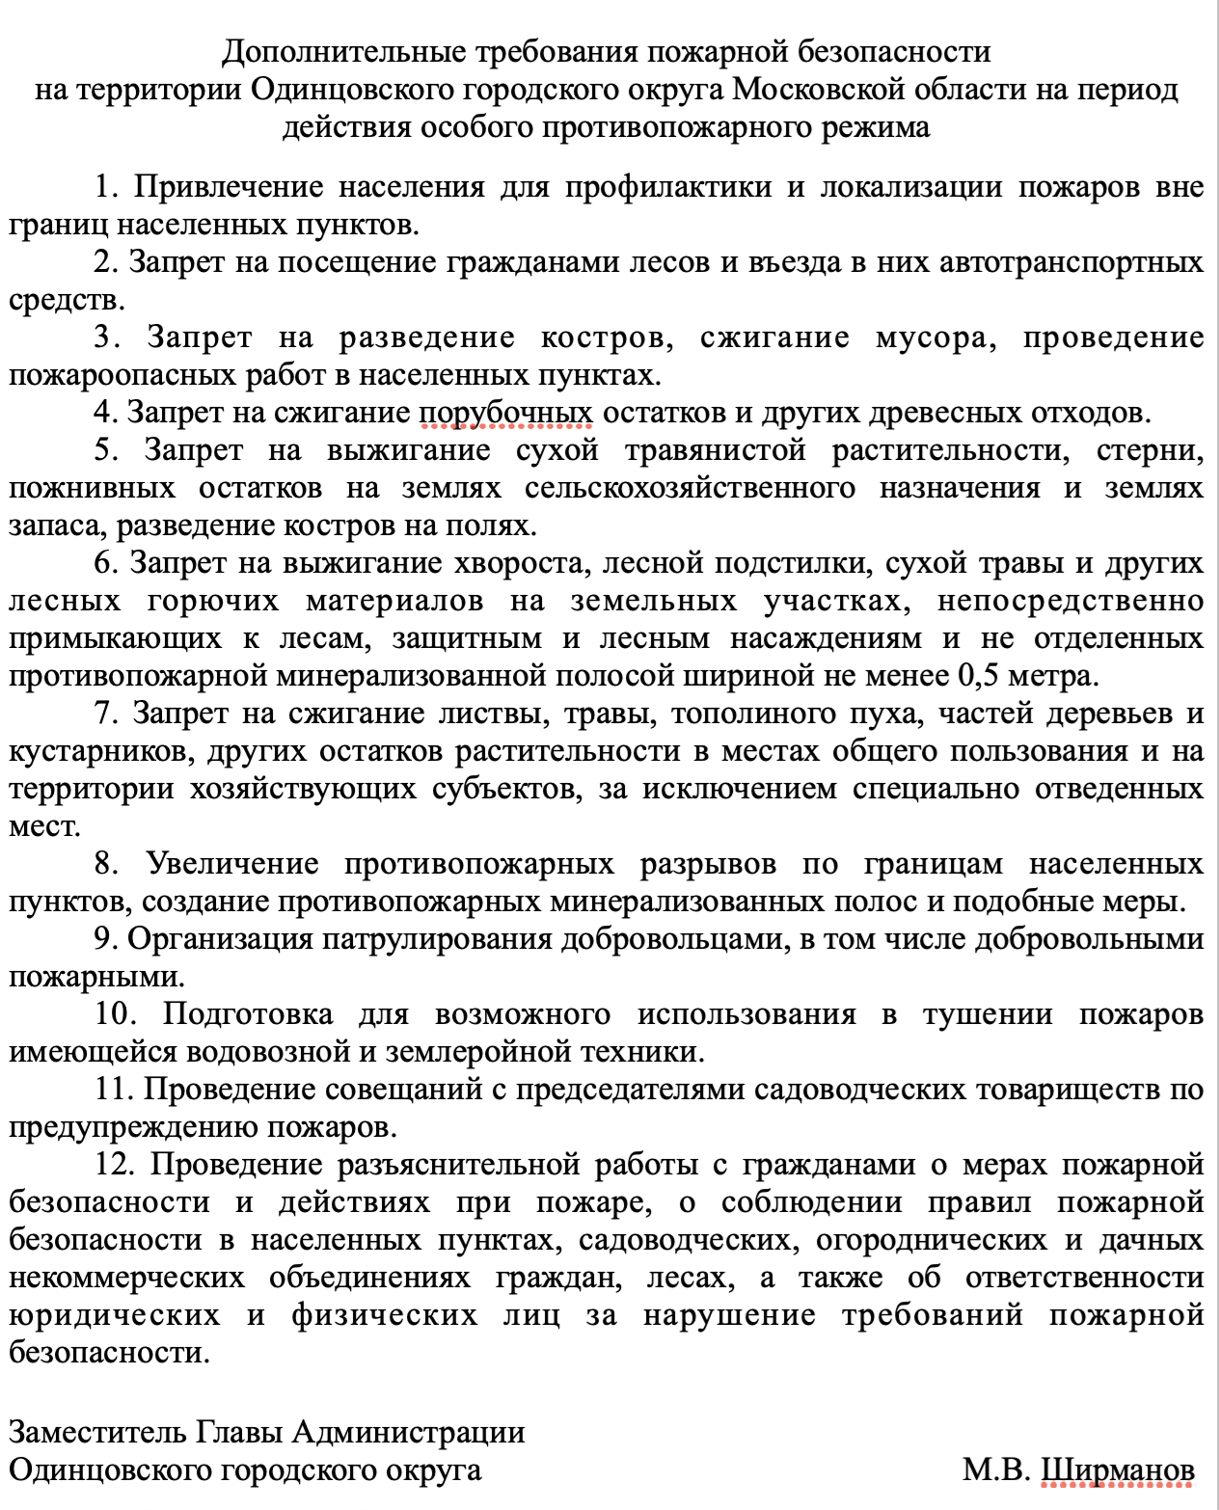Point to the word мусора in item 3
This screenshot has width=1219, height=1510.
click(x=935, y=337)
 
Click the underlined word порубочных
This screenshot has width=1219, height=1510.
click(x=506, y=413)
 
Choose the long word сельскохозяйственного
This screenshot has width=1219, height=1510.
click(x=690, y=488)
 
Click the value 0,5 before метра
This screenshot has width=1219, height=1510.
click(x=978, y=676)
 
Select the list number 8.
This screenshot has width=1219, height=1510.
click(x=106, y=864)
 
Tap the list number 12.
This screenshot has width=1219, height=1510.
click(x=114, y=1165)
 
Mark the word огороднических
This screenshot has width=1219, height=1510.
click(x=931, y=1240)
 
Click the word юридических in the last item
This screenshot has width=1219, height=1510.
click(x=115, y=1315)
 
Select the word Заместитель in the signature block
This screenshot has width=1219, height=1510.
click(x=97, y=1432)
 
